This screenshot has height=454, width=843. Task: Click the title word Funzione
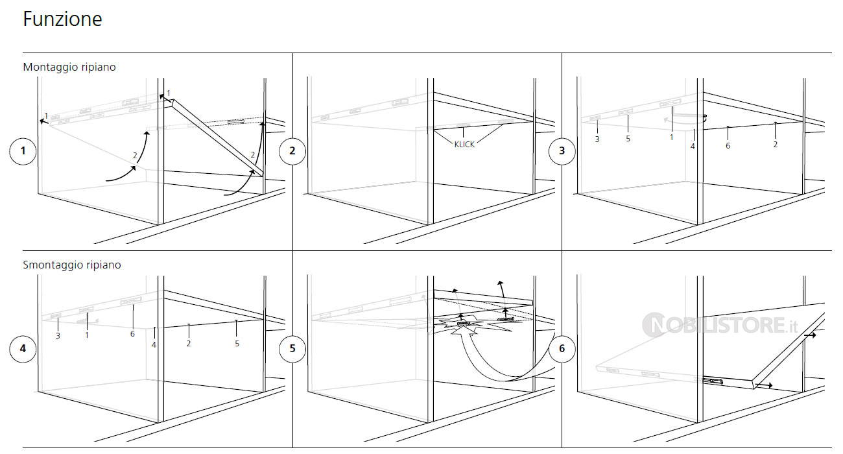point(62,19)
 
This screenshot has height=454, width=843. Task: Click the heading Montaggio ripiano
point(69,67)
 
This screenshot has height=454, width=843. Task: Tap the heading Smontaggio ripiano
point(72,265)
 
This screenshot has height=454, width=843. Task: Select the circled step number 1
point(23,151)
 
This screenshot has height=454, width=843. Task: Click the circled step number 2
point(292,151)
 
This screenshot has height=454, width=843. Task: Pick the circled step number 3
point(562,151)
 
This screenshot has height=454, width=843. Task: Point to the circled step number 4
point(23,348)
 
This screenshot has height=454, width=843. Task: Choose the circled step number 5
point(292,348)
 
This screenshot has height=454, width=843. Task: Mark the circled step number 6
point(562,348)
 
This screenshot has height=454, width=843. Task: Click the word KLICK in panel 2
point(464,145)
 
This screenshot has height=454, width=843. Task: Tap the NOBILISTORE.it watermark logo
point(720,325)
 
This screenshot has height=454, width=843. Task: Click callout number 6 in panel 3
point(728,146)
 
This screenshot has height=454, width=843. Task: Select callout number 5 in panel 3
point(628,139)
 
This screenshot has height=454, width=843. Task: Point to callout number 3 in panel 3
point(597,139)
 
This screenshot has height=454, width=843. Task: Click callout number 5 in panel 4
point(237,343)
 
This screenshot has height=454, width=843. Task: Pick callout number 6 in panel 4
point(132,334)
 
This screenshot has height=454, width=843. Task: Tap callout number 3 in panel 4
point(58,335)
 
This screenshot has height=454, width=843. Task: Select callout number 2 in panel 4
point(189,343)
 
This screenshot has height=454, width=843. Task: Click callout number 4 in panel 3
point(693,147)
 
